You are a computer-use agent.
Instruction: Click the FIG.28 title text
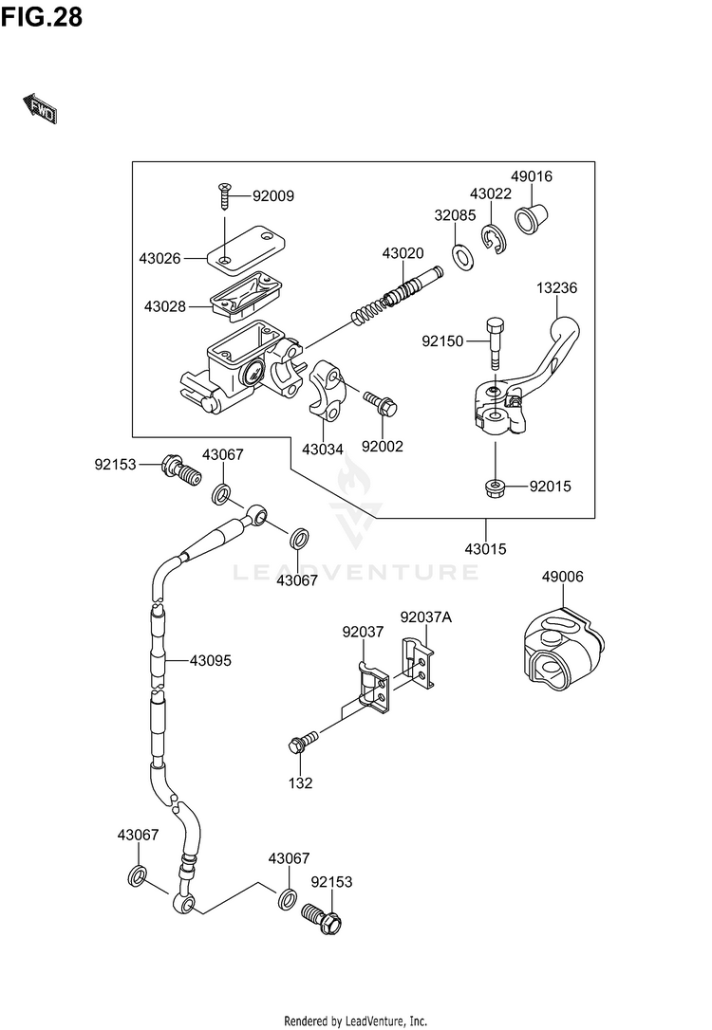click(x=42, y=17)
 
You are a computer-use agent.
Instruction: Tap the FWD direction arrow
click(x=40, y=109)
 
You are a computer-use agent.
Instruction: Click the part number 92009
click(x=273, y=195)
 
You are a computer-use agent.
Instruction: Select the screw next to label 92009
click(x=225, y=196)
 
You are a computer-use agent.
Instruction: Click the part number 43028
click(x=165, y=306)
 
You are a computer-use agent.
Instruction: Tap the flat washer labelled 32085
click(x=463, y=256)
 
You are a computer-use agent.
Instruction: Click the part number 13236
click(x=556, y=287)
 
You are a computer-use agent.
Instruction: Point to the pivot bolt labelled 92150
click(x=496, y=343)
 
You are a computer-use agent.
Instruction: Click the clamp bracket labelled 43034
click(x=328, y=389)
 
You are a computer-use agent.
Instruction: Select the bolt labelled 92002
click(x=381, y=403)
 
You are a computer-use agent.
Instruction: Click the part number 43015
click(x=485, y=548)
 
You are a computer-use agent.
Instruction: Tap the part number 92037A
click(x=426, y=616)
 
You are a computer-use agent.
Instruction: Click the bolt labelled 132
click(x=303, y=741)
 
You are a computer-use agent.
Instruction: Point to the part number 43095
click(x=211, y=660)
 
